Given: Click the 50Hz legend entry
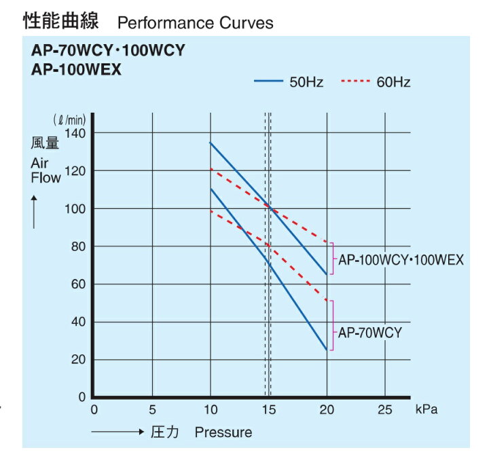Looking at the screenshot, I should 289,82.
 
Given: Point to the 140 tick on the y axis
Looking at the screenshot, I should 76,133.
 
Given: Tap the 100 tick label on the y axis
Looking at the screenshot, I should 76,208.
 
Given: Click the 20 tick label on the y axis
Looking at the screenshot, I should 79,360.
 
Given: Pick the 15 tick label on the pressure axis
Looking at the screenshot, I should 269,411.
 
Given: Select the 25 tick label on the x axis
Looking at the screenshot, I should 385,411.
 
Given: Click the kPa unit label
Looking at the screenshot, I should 425,411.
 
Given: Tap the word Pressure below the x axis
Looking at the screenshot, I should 223,432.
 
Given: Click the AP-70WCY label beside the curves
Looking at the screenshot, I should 370,333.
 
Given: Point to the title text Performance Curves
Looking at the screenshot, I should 196,23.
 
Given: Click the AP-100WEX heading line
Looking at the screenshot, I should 76,69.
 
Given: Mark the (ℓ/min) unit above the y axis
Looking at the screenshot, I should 69,121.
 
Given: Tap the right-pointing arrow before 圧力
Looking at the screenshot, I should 117,432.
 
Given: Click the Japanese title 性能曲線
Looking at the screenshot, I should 61,22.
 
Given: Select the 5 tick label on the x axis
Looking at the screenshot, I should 152,411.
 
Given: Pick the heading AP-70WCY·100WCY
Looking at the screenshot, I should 108,51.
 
